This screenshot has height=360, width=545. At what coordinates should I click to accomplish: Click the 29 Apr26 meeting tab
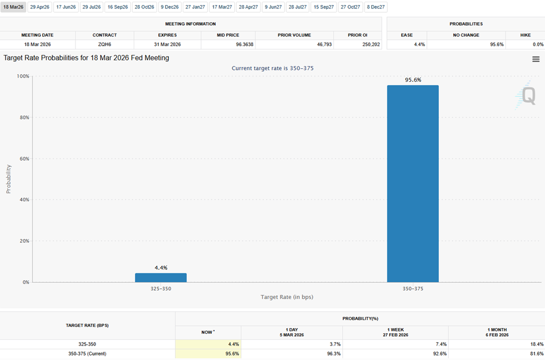pos(40,7)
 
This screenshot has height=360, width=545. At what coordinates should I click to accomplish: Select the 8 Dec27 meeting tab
pos(376,7)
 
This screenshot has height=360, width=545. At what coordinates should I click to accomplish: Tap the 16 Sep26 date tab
pos(118,7)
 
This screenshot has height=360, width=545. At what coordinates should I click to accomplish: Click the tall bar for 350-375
pos(413,184)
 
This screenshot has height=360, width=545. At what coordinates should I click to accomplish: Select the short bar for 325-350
pos(161,278)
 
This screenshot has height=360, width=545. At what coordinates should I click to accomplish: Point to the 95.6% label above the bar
pos(413,80)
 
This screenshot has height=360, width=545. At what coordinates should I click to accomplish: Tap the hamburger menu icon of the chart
pos(535,59)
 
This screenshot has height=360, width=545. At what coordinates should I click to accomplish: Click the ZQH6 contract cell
pos(105,44)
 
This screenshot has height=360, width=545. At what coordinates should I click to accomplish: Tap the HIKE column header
pos(525,35)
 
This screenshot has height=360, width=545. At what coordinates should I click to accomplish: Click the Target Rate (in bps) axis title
pos(287,297)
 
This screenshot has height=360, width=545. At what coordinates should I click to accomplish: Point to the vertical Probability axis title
pos(8,179)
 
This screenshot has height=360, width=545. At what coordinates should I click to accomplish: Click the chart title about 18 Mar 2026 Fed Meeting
pos(86,58)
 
